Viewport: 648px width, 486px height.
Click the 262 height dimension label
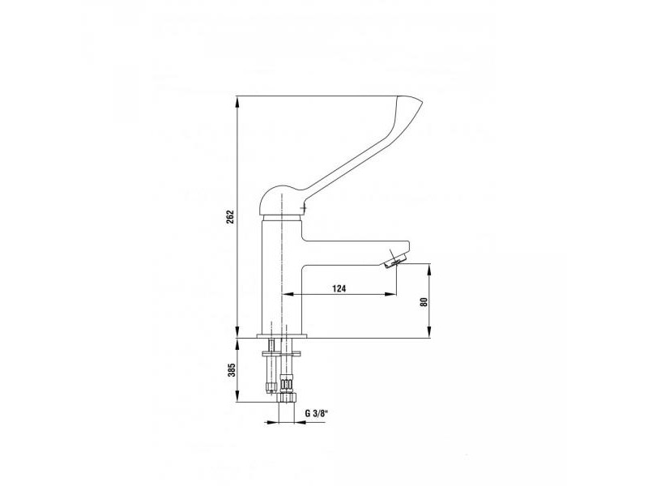coord(231,217)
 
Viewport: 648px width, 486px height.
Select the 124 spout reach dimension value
coord(339,289)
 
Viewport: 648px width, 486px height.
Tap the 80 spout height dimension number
coord(423,301)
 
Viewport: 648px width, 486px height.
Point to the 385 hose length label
coord(232,370)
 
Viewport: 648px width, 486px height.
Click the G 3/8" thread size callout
coord(316,413)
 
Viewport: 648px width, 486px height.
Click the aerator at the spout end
coord(395,261)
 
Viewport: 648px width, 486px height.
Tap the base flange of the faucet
coord(282,336)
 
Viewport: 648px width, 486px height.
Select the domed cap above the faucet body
coord(283,201)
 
